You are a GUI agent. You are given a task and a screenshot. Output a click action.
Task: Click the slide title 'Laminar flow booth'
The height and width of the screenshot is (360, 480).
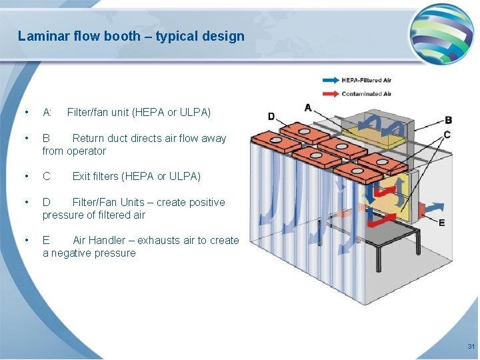(x=131, y=36)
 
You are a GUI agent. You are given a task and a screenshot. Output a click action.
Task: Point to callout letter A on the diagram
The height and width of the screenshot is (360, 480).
(x=307, y=107)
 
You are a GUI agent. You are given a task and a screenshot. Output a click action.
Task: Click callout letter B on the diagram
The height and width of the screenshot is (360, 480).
(x=448, y=120)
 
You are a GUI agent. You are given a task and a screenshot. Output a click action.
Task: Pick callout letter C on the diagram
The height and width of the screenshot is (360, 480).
(x=447, y=134)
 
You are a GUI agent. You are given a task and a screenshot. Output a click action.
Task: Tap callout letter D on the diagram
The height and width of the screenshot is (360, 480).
(x=271, y=117)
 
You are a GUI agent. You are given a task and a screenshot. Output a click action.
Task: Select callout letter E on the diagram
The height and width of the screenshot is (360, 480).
(x=441, y=223)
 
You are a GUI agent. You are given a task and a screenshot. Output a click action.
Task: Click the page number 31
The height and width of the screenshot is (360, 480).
(x=471, y=347)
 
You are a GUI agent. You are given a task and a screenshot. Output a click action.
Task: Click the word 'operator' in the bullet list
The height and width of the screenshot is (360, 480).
(x=86, y=151)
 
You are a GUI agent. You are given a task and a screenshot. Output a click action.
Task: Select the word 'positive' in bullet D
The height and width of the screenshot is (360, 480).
(x=203, y=202)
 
